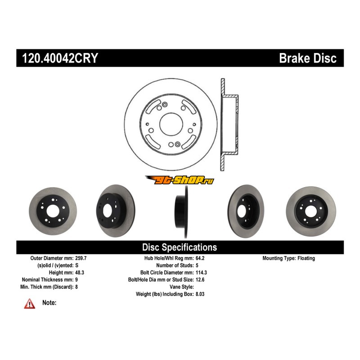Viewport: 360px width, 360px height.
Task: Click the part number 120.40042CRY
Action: pyautogui.click(x=57, y=58)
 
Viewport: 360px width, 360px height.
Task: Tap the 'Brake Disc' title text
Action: pyautogui.click(x=307, y=58)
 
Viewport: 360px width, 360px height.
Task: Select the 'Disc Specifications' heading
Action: pyautogui.click(x=180, y=247)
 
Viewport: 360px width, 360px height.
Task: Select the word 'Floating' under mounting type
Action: pyautogui.click(x=306, y=258)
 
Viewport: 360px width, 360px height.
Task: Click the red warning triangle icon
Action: pyautogui.click(x=30, y=304)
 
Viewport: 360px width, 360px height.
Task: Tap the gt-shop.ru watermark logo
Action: pyautogui.click(x=180, y=180)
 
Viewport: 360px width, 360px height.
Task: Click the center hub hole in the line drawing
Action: pyautogui.click(x=170, y=123)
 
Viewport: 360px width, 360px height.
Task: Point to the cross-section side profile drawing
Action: pyautogui.click(x=228, y=125)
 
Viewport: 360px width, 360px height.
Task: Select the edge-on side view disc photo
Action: pyautogui.click(x=180, y=211)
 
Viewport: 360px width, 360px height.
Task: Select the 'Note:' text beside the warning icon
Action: pyautogui.click(x=49, y=303)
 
